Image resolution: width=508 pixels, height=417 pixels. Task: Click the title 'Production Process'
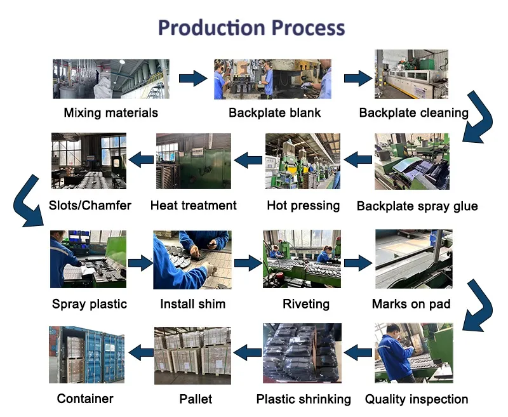251,28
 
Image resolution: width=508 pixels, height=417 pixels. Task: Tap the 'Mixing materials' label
110,113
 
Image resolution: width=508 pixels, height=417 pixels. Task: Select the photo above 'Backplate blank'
272,79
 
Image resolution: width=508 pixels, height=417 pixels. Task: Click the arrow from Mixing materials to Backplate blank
193,79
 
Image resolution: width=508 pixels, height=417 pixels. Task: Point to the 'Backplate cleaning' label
413,113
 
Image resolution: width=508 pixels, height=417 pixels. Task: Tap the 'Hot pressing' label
303,206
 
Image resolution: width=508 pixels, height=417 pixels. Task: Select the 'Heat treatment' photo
193,161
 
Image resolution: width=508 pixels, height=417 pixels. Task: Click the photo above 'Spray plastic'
88,259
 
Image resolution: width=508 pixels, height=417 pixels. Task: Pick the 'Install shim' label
192,304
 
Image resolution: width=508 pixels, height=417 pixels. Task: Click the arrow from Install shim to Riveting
248,261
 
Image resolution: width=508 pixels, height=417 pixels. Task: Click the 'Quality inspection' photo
413,352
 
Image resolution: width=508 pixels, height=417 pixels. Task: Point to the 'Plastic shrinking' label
303,399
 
